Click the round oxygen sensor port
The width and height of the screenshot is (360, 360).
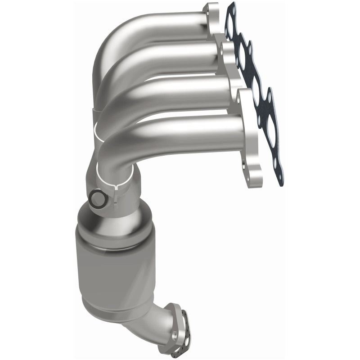pos(96,198)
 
